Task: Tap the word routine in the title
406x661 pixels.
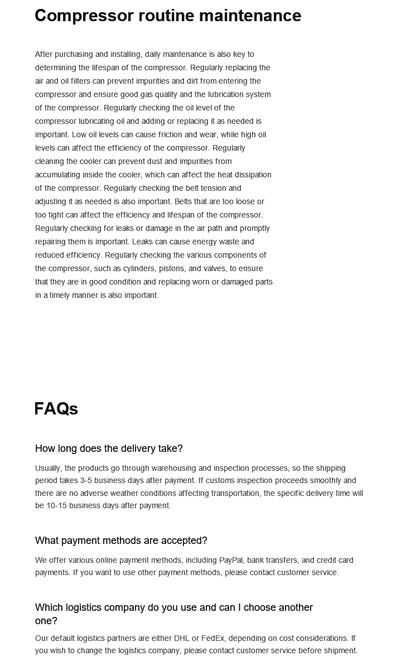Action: point(171,16)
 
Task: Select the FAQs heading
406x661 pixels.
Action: point(56,409)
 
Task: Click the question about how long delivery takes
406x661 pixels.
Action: point(109,448)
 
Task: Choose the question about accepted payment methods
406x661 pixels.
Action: point(121,541)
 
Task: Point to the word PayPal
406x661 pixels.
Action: point(231,560)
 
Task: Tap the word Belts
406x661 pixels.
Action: point(186,201)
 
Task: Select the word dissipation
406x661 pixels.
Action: point(248,175)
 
